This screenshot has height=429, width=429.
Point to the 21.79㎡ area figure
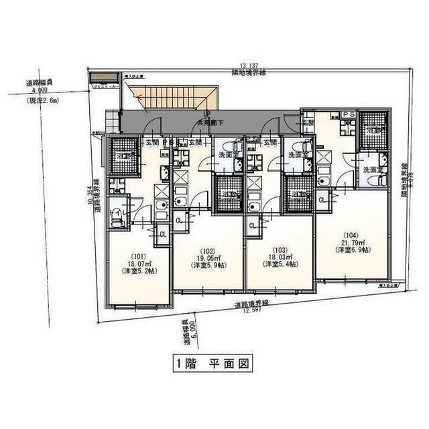pyautogui.click(x=353, y=242)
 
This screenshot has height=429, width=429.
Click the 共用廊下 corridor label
pyautogui.click(x=208, y=123)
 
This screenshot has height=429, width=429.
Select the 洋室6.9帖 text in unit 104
pyautogui.click(x=353, y=250)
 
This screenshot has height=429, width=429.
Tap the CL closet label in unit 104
pyautogui.click(x=322, y=200)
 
